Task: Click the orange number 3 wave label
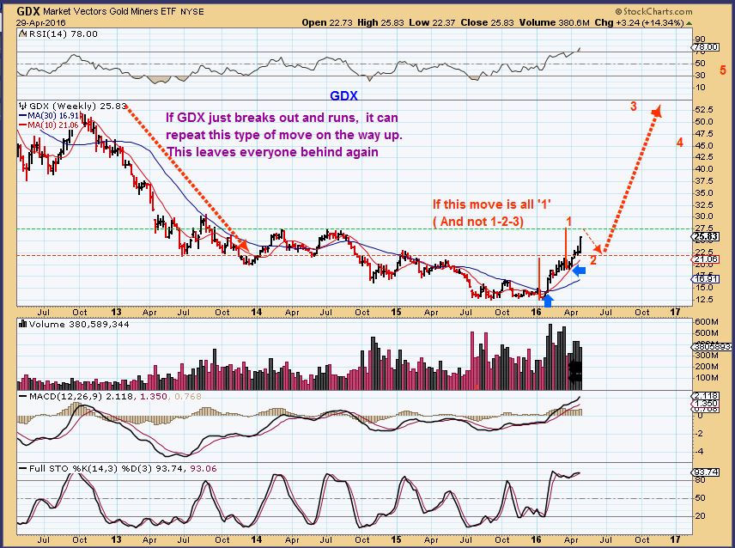tap(633, 107)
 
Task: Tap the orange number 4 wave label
tap(679, 143)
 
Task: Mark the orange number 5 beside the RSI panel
tap(723, 70)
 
